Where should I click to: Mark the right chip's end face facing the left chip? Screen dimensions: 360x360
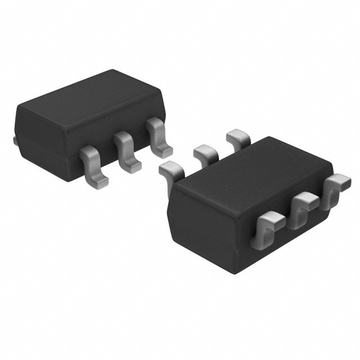coord(200,225)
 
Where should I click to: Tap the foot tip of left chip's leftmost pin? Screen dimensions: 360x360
coord(96,181)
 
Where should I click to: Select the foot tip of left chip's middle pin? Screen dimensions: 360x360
coord(130,164)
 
